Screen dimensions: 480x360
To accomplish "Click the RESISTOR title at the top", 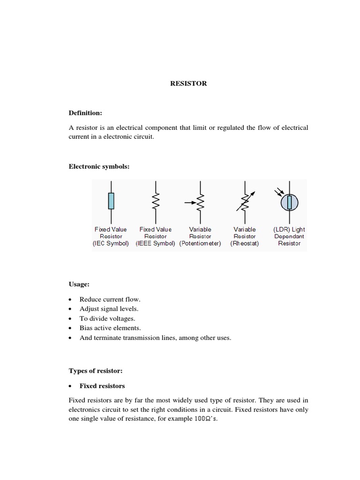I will pos(188,83).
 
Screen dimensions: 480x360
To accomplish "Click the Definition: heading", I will pos(85,113).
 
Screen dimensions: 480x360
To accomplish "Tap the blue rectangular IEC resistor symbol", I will pos(111,201).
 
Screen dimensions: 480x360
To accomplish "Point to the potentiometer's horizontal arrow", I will pos(190,203).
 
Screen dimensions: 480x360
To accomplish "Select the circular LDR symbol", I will pos(289,202).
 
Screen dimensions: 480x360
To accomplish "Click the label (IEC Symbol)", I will pos(111,244).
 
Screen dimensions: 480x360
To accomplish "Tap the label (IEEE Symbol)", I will pos(156,244).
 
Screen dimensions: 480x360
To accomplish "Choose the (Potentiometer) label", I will pos(200,244).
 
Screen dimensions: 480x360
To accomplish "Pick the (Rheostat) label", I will pos(245,244).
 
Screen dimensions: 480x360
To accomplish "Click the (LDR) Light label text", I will pos(289,229).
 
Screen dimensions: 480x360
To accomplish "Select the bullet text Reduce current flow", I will pos(110,299).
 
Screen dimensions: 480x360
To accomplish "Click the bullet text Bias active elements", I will pos(110,328).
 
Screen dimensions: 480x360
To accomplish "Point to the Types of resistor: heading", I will pos(96,371).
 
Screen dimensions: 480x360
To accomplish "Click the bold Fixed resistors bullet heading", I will pos(102,386).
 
